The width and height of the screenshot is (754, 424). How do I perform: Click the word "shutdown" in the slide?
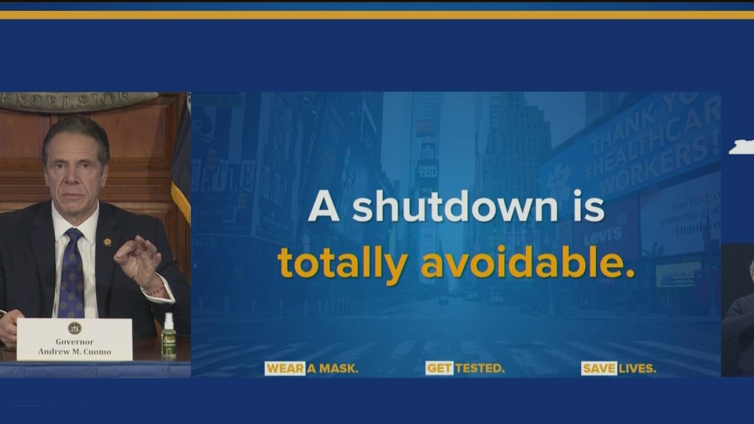pos(454,207)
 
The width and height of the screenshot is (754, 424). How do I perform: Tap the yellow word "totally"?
pos(343,263)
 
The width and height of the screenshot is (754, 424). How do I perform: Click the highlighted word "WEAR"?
pos(285,369)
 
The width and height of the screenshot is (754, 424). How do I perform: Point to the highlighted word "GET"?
pos(439,369)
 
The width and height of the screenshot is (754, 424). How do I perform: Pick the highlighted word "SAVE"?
pos(599,369)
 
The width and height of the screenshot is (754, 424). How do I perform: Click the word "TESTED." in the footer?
pos(479,369)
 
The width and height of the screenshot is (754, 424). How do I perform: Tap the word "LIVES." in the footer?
pos(637,369)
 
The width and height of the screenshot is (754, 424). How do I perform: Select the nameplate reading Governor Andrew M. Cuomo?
pos(74,340)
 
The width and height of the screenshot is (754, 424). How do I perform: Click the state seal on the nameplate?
pos(74,328)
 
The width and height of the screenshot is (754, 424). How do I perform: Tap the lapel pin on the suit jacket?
pos(107,242)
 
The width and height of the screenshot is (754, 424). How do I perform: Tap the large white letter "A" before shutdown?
pos(324,207)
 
